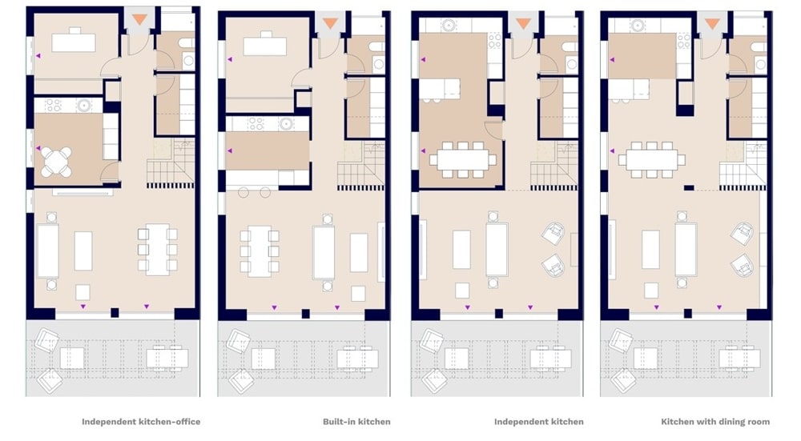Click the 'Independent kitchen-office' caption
coord(141,422)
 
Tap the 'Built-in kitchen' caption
coord(356,422)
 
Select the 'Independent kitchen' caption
coord(539,422)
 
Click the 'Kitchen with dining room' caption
coord(715,422)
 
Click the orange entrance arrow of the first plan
coord(139,20)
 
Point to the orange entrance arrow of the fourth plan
coord(713,23)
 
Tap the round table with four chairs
coord(56,162)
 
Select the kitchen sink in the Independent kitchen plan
coord(449,25)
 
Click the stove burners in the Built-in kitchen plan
coord(256,124)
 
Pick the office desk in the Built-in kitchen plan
coord(264,45)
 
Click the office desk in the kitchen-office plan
coord(74,41)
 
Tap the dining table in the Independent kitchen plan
coord(463,160)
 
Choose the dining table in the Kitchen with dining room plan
coord(652,160)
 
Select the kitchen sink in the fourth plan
coord(637,25)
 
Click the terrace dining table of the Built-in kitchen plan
coord(357,358)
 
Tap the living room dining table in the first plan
coord(157,250)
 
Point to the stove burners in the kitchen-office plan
coord(54,105)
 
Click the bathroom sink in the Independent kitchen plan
coord(572,65)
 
